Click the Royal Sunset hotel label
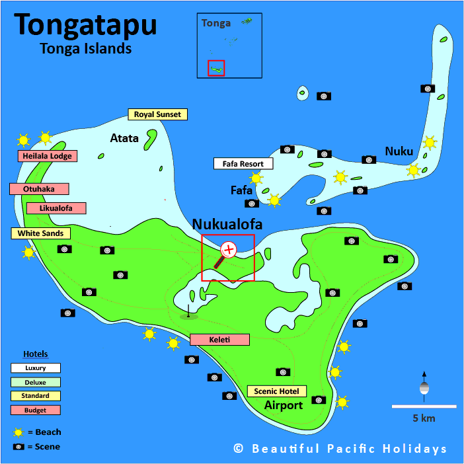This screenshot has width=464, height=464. [x=157, y=114]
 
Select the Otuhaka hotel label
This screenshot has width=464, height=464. [x=39, y=189]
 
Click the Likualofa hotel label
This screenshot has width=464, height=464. [x=56, y=208]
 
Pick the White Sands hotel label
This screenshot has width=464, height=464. [x=40, y=233]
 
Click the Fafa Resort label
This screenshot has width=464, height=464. [x=242, y=164]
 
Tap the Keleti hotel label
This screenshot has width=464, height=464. [x=219, y=340]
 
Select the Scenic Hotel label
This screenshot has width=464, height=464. [x=277, y=391]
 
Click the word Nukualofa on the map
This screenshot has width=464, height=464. [x=227, y=225]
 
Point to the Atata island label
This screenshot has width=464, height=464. [x=124, y=138]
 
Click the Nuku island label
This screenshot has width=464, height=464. [x=399, y=151]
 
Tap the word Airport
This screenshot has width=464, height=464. [x=284, y=405]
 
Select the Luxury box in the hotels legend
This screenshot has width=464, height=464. [x=35, y=367]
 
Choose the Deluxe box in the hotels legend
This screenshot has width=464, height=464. [x=35, y=381]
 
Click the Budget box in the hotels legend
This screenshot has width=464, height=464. [x=35, y=410]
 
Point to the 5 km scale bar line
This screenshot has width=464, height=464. [x=424, y=406]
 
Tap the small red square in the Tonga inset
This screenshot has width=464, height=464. [x=216, y=68]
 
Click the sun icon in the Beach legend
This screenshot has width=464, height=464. [x=19, y=432]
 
